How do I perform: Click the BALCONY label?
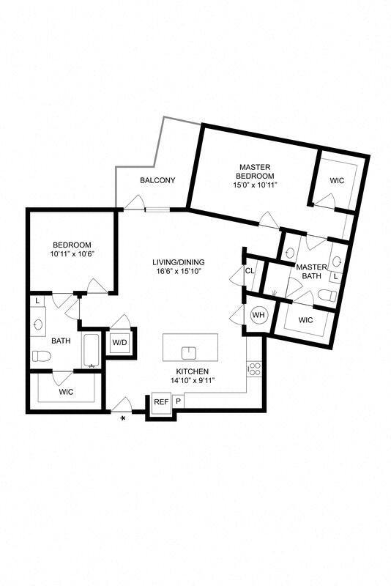click(x=157, y=180)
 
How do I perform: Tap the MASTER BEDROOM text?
click(x=255, y=171)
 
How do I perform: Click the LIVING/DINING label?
click(x=179, y=262)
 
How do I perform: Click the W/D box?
click(x=119, y=342)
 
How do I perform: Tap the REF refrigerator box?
click(x=161, y=401)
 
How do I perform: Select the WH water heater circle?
click(x=258, y=315)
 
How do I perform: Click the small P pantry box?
click(x=178, y=401)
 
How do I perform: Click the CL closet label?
click(x=250, y=270)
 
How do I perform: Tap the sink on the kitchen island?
click(x=190, y=350)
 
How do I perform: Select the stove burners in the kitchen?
click(x=255, y=368)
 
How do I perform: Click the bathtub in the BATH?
click(x=91, y=351)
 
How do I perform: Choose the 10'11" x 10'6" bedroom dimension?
click(x=71, y=254)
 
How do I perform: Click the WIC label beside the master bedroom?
click(x=336, y=179)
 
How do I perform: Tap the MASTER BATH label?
click(x=310, y=271)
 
